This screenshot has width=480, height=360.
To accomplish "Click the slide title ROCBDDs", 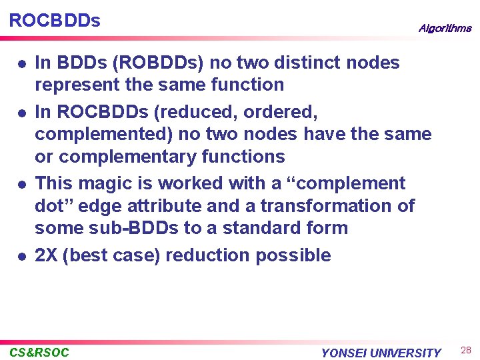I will point(55,21).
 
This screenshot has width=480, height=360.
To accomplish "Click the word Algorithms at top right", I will point(445,28).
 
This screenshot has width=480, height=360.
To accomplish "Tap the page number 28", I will point(465,351).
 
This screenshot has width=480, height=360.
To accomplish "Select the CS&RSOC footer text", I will point(39,352).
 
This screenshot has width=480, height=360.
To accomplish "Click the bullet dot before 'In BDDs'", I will point(22,64).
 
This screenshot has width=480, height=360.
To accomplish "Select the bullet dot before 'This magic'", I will point(22,184).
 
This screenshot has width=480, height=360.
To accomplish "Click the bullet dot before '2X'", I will point(22,256).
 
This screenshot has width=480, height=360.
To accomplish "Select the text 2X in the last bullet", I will point(45,255).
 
